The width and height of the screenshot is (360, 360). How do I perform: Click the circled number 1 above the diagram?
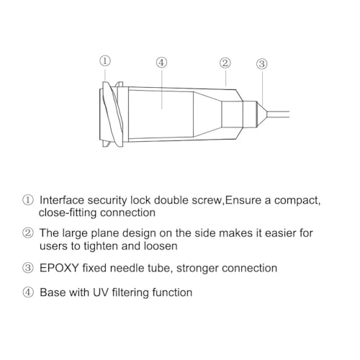click(105, 61)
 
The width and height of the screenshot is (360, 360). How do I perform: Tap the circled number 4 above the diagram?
click(161, 63)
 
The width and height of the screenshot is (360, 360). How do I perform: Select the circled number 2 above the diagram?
click(225, 63)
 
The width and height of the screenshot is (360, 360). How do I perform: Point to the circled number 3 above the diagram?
click(262, 64)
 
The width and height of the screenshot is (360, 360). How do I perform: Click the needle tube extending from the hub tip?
click(279, 114)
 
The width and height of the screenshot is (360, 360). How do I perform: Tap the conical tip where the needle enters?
click(262, 114)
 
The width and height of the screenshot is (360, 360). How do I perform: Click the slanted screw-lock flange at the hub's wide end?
click(112, 114)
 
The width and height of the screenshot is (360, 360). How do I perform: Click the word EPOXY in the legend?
click(59, 268)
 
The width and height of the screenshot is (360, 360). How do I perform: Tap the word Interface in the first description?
click(62, 200)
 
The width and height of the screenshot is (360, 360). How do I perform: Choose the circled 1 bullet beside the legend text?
click(28, 200)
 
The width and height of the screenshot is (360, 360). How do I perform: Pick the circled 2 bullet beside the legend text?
click(28, 233)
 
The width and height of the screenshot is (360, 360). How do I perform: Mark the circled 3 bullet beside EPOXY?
click(28, 268)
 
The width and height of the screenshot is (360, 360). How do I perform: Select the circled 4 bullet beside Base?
click(28, 292)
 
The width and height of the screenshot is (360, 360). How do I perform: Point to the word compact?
click(297, 201)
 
